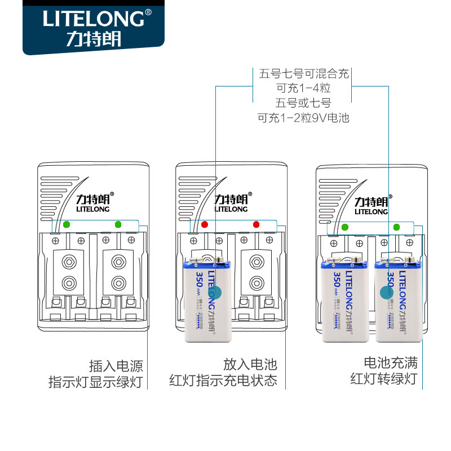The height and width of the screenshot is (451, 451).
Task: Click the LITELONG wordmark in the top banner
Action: pos(93,18)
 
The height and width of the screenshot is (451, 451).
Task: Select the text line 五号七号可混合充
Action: pos(304,74)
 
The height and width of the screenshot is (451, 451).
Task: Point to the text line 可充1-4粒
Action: pos(303,89)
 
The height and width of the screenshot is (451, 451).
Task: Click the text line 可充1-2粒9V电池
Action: pos(303,118)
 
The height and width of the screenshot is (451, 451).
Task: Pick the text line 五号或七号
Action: pos(303,103)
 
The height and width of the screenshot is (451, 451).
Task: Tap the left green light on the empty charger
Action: pos(67,224)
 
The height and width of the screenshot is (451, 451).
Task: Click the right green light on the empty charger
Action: pos(118,224)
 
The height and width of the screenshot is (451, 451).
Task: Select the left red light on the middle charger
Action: pos(205,224)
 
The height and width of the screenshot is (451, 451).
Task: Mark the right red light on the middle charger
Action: pos(256,224)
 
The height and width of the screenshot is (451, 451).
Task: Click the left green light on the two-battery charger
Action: pos(344,227)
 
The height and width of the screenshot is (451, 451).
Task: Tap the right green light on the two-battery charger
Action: pos(396,227)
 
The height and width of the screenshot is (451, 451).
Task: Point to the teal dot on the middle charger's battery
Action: pos(222,292)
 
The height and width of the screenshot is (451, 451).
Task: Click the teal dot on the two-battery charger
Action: pos(387,292)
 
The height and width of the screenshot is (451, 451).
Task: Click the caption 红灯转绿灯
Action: pos(383,378)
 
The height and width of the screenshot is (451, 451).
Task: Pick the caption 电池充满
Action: pos(390,362)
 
